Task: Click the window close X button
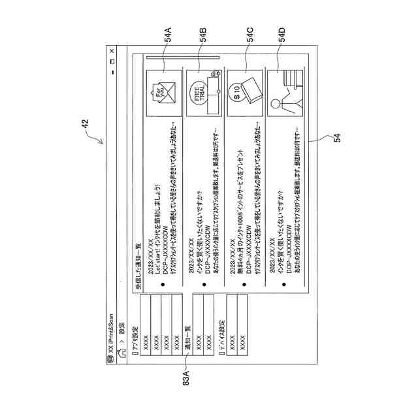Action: (112, 51)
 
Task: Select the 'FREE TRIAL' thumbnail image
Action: (203, 93)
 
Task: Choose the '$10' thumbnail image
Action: (245, 93)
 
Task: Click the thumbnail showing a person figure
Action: (286, 93)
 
